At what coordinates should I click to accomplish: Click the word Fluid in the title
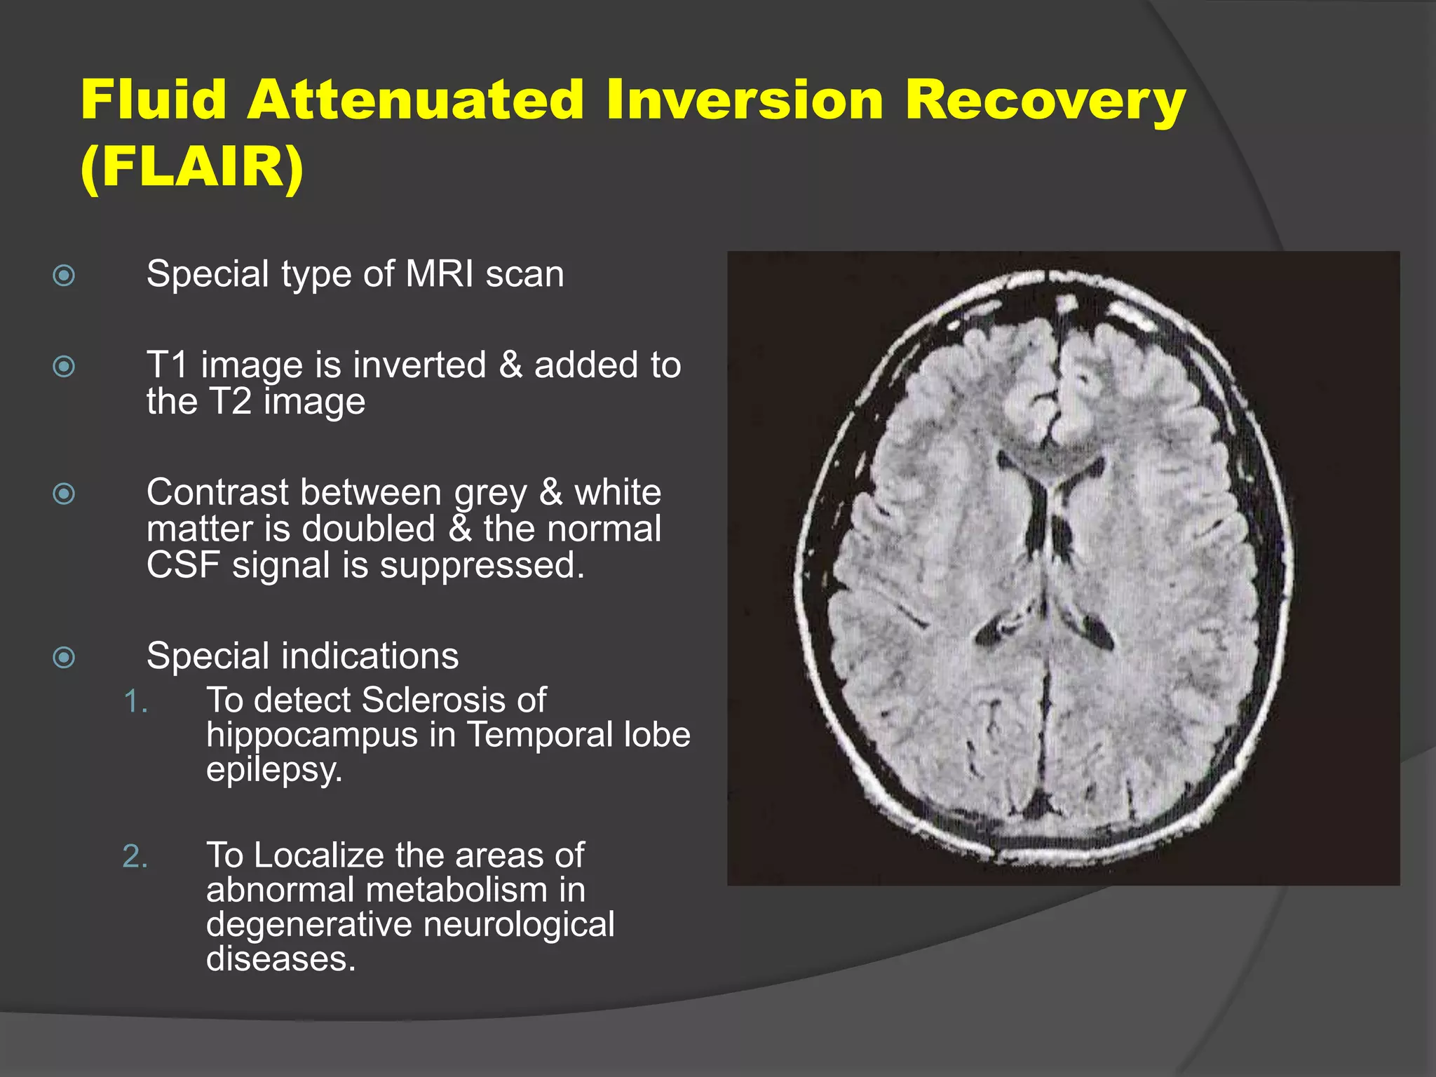[153, 100]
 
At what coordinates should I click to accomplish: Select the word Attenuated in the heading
[415, 100]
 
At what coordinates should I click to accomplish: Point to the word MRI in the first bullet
[439, 273]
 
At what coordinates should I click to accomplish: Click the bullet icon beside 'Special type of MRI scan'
[64, 275]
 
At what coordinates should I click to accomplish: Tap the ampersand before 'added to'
[510, 365]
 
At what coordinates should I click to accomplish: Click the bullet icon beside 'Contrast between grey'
[64, 494]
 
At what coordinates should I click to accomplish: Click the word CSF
[183, 564]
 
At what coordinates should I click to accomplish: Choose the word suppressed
[482, 564]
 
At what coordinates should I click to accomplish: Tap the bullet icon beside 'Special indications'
[64, 657]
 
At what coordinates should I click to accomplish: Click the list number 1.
[135, 701]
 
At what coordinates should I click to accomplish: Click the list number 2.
[135, 856]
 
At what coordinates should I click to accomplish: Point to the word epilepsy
[274, 769]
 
